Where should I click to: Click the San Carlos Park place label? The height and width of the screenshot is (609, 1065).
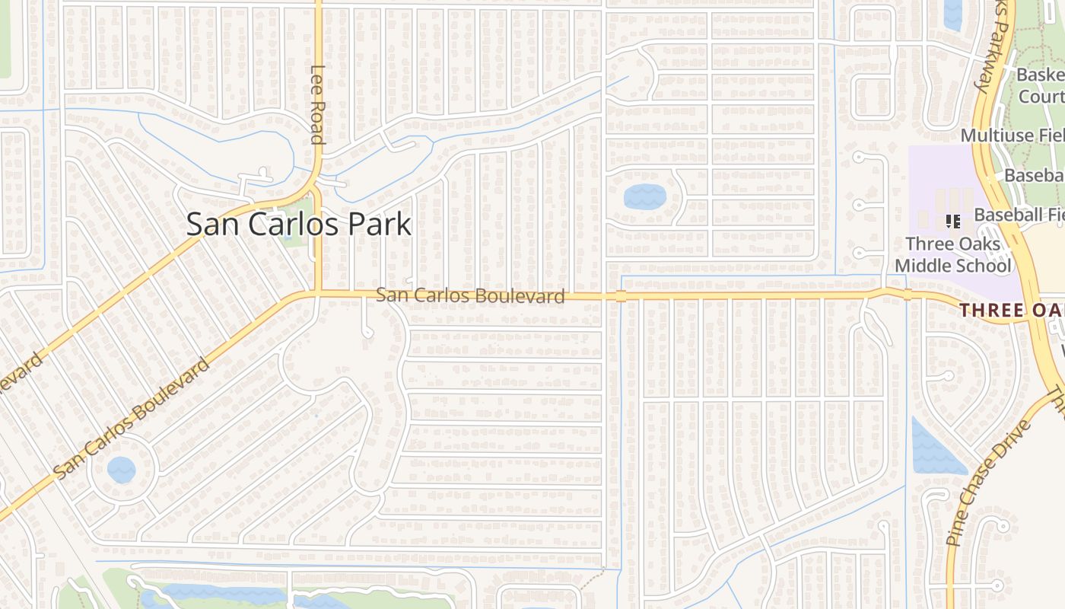pyautogui.click(x=298, y=225)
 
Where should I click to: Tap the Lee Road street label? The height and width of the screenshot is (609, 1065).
pyautogui.click(x=317, y=104)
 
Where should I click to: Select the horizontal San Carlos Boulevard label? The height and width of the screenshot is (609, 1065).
pyautogui.click(x=470, y=295)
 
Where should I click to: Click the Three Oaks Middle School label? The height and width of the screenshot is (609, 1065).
pyautogui.click(x=953, y=255)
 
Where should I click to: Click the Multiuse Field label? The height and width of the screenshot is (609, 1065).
pyautogui.click(x=1012, y=136)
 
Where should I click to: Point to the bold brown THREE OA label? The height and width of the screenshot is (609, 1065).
pyautogui.click(x=1012, y=311)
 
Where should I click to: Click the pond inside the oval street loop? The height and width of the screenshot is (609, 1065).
pyautogui.click(x=644, y=197)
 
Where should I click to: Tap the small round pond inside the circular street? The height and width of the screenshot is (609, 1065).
pyautogui.click(x=121, y=469)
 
